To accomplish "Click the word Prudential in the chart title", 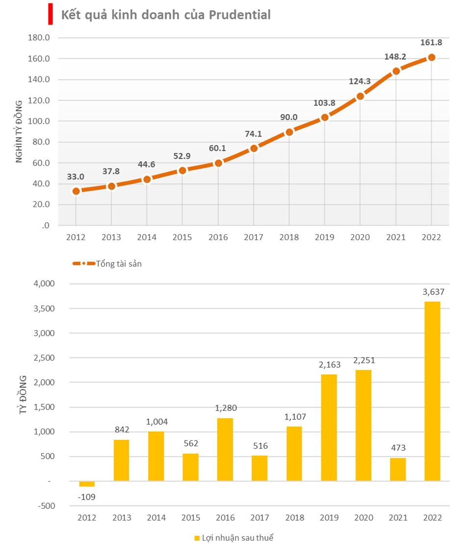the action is pos(240,15).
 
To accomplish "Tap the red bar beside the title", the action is pos(51,14).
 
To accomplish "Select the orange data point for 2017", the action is pos(254,148).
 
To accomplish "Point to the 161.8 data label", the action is pos(431,42).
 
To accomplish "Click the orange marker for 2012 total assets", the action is pos(76,191).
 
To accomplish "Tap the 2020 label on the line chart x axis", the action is pos(360,238).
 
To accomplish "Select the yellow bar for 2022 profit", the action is pos(433,391).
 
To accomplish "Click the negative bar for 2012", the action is pos(87,484).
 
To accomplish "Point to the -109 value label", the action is pos(86,497).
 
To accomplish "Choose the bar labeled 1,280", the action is pos(225,450).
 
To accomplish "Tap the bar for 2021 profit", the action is pos(398,469).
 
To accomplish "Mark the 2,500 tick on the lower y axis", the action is pos(44,358).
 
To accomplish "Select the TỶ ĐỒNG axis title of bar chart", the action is pos(23,394).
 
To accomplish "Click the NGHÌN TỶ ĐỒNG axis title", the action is pos(19,132).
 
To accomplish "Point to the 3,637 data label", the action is pos(434,292).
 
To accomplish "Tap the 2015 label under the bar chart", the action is pos(191,518).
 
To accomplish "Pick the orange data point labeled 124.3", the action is pos(360,96).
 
